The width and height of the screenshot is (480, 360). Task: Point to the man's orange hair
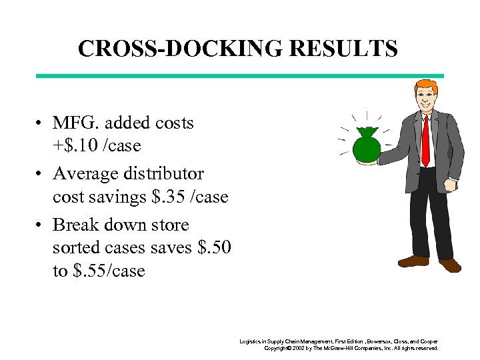(x=425, y=87)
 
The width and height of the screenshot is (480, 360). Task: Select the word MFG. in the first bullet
(x=75, y=123)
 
